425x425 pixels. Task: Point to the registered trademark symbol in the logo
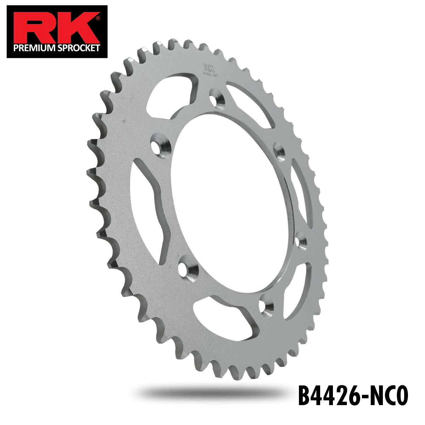point(98,17)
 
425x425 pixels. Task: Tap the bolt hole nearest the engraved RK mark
point(217,98)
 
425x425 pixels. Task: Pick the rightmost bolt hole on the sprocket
point(301,242)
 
